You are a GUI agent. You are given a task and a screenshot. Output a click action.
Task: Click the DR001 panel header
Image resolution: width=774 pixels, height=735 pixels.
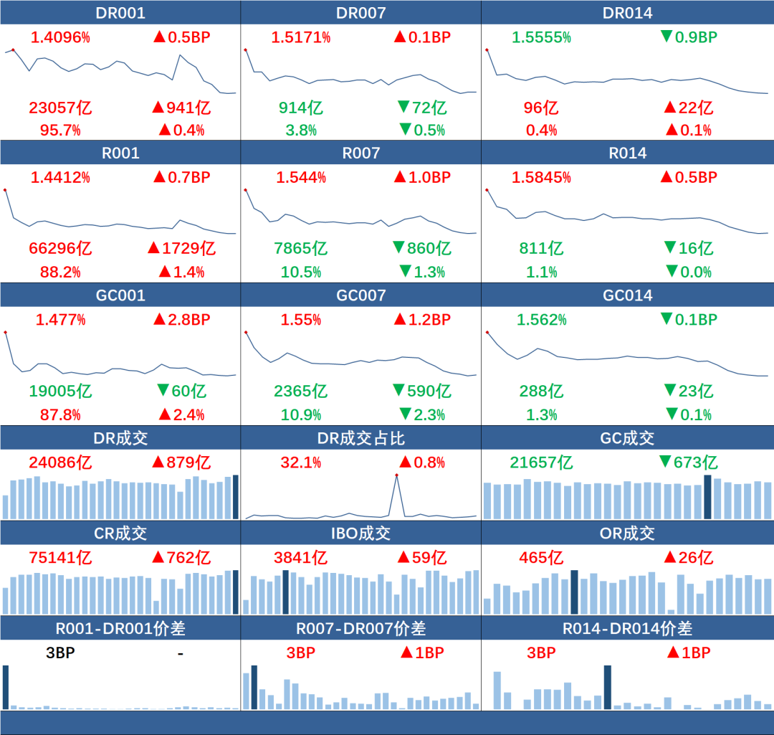click(x=120, y=13)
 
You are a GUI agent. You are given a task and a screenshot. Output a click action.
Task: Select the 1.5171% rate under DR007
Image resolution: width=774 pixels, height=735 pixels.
click(x=300, y=37)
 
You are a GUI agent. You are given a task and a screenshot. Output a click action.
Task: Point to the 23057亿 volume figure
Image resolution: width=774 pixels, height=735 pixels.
click(x=60, y=108)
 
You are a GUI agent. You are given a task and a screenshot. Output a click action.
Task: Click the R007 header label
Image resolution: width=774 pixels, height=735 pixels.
click(x=361, y=153)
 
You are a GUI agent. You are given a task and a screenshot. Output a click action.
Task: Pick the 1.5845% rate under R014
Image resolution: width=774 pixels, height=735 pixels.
click(x=541, y=177)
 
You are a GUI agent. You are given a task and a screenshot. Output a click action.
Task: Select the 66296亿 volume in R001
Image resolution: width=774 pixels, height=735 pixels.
click(x=60, y=249)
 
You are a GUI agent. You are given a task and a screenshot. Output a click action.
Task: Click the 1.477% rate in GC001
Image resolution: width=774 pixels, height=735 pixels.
click(x=60, y=319)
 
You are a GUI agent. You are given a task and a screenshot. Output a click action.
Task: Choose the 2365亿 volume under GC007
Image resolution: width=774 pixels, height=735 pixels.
click(x=300, y=391)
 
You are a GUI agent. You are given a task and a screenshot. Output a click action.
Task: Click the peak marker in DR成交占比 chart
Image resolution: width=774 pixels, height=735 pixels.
click(x=396, y=475)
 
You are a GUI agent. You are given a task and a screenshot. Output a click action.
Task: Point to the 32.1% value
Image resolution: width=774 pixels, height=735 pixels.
click(x=300, y=463)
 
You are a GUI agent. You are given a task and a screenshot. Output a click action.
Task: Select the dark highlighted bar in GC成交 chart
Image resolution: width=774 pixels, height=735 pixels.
click(x=708, y=497)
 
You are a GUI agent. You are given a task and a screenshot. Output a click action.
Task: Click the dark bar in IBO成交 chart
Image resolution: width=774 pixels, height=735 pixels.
click(x=286, y=592)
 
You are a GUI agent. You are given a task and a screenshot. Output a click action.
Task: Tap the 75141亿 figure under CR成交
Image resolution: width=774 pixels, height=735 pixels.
click(x=60, y=557)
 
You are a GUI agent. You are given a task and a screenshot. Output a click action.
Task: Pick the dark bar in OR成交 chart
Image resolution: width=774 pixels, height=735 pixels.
click(x=574, y=592)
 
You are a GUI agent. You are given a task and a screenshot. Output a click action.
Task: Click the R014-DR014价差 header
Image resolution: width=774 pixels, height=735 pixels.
click(x=628, y=629)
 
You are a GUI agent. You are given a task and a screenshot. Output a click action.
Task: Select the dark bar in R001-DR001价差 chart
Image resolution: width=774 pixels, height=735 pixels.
click(x=6, y=687)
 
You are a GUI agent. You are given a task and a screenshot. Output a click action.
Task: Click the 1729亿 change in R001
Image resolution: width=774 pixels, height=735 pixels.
click(x=181, y=249)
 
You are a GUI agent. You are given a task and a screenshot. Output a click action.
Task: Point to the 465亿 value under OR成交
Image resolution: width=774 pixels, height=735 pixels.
click(x=541, y=557)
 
